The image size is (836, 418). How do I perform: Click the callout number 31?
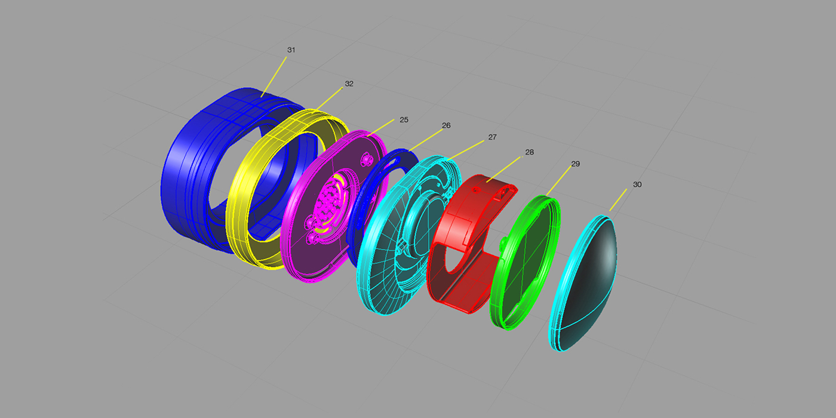click(291, 50)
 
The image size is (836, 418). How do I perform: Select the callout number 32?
click(349, 84)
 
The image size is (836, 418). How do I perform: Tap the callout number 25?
click(404, 119)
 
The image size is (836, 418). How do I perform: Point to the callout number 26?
click(446, 125)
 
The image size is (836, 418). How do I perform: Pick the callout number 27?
click(492, 137)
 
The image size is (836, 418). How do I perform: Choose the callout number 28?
click(529, 152)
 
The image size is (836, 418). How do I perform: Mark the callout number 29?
click(576, 163)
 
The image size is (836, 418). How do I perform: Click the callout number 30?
click(637, 185)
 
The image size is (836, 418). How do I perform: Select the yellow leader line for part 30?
click(618, 199)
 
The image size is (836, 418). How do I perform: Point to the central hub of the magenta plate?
click(329, 203)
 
